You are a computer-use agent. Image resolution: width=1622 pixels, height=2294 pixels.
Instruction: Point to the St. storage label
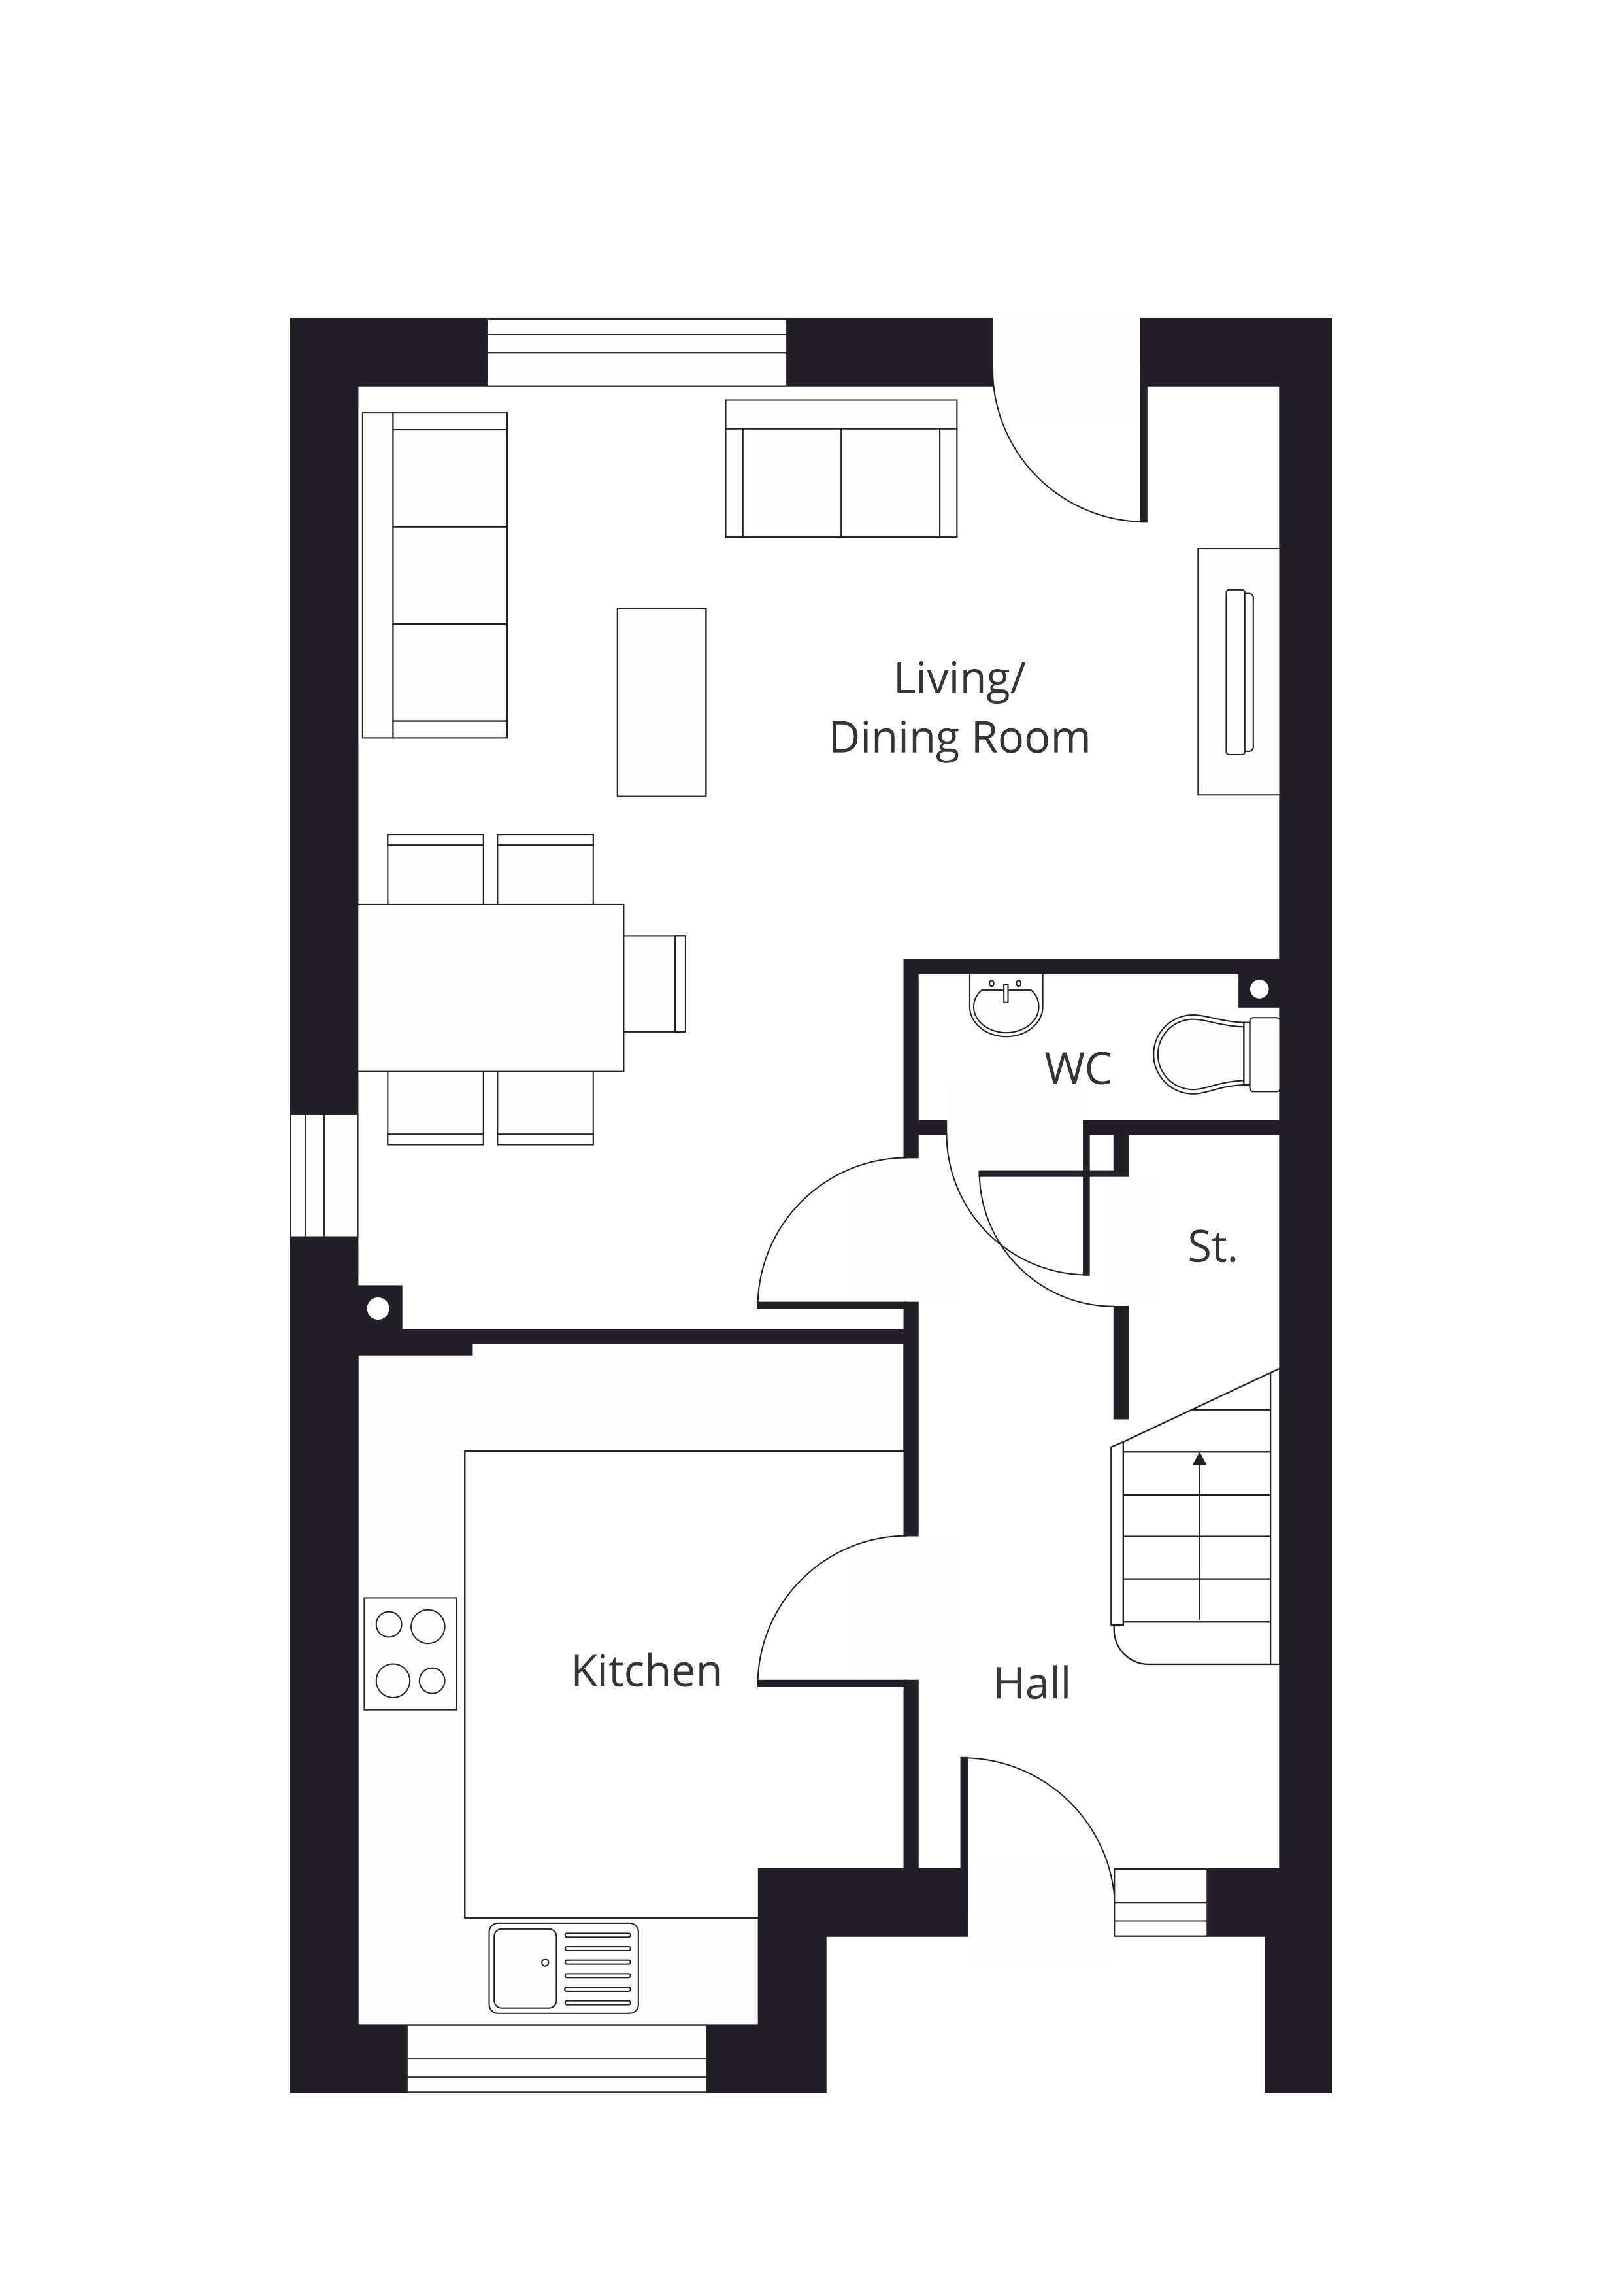(1212, 1247)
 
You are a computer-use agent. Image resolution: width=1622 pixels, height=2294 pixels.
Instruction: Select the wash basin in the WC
(1006, 1004)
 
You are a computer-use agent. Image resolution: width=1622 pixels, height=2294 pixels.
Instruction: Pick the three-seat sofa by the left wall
(435, 575)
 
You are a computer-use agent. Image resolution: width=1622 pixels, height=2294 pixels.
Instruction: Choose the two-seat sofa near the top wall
(841, 469)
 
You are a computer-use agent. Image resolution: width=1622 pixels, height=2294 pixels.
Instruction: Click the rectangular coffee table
(661, 702)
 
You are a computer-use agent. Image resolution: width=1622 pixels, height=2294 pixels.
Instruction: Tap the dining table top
(490, 987)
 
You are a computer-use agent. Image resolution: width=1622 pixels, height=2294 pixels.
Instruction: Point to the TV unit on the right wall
(1238, 672)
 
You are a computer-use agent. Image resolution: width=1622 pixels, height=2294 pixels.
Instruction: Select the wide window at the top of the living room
(637, 352)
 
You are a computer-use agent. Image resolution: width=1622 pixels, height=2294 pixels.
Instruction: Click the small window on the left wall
(323, 1175)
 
